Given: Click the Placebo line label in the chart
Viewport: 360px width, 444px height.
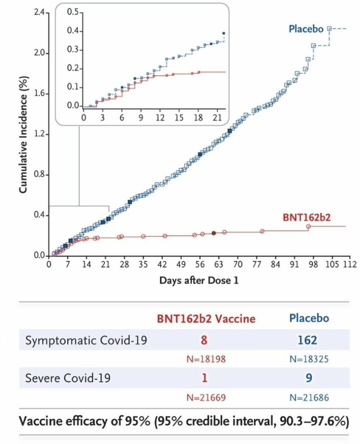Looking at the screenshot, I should click(305, 29).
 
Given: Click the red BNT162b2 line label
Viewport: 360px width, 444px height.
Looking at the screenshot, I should click(306, 218).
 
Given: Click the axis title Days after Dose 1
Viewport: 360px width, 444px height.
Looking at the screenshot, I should click(199, 280).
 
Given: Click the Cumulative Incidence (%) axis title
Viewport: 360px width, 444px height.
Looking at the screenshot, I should click(23, 134).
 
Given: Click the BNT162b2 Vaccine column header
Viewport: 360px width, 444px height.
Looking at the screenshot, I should click(206, 318).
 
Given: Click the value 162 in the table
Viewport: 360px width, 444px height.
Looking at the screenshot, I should click(307, 340).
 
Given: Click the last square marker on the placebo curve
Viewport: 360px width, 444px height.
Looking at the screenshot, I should click(329, 29).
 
